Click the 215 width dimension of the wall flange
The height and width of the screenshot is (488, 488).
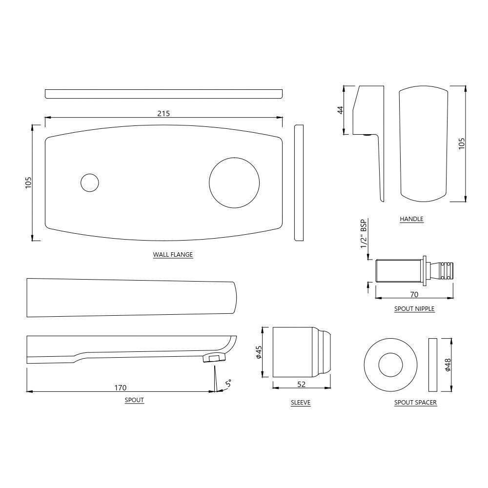click(x=163, y=114)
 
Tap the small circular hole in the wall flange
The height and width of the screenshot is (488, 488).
click(x=90, y=183)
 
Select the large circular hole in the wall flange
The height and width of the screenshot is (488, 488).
click(x=234, y=183)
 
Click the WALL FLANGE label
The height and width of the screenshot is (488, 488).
click(x=173, y=255)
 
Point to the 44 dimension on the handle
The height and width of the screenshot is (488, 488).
click(x=341, y=110)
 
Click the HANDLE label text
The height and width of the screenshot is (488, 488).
click(x=411, y=219)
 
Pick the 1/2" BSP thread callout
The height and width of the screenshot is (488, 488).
click(x=364, y=234)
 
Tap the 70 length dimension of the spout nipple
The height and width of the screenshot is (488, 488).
click(x=414, y=294)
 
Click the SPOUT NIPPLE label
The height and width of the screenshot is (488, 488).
click(x=414, y=309)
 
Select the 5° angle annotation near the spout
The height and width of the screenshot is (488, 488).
click(x=228, y=383)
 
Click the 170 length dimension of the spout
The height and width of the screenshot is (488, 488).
click(x=121, y=388)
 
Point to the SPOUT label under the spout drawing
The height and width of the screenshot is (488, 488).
click(x=134, y=400)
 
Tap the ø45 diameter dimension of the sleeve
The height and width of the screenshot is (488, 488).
click(x=259, y=352)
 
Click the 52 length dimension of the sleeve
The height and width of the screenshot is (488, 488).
click(x=301, y=385)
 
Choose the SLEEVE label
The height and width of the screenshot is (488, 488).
click(x=301, y=403)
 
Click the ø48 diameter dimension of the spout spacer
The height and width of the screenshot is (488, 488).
click(x=448, y=365)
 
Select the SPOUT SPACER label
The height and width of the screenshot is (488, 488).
click(x=415, y=403)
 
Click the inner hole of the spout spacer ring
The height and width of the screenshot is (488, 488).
click(x=390, y=365)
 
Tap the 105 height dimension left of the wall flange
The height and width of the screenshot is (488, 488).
click(x=28, y=183)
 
